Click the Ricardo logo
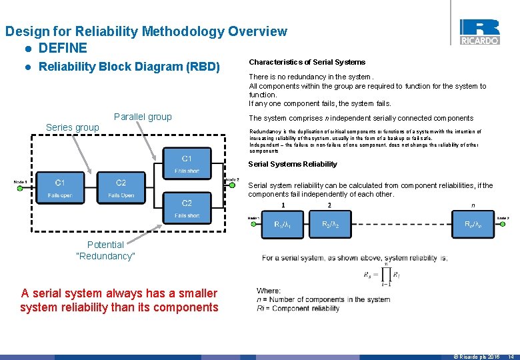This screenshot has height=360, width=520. pos(479,31)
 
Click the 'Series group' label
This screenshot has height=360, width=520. pos(72,127)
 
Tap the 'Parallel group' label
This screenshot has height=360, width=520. pos(143,117)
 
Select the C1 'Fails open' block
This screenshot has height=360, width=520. pos(60,189)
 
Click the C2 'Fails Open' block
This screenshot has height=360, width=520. pos(121,189)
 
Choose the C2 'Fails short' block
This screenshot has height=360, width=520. pos(187,209)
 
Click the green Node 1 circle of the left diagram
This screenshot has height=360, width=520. pos(19,189)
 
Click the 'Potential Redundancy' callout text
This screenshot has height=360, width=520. pos(105,251)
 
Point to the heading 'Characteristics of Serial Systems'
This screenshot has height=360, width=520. pos(307,62)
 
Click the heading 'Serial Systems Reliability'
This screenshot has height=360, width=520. pos(293,164)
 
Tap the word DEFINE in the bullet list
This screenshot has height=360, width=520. pos(63,48)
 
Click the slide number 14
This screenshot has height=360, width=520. pos(511,357)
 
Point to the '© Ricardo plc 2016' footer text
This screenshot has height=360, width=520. pos(476,357)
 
